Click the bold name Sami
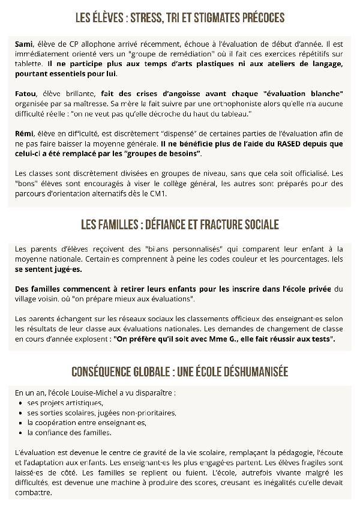click(24, 44)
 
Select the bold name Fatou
click(25, 94)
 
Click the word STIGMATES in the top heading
click(221, 19)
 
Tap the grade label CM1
click(159, 194)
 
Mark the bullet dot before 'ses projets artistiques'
click(21, 403)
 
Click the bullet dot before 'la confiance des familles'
click(21, 432)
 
